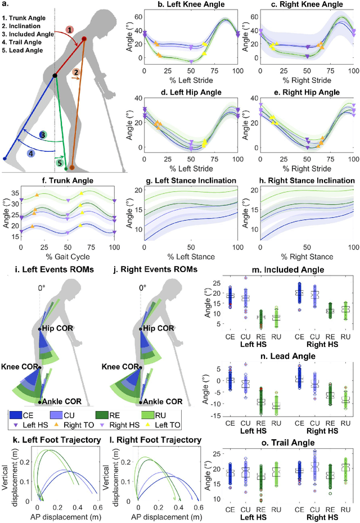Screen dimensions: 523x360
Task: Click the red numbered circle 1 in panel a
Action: click(x=69, y=29)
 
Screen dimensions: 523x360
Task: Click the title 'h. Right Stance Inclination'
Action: click(x=299, y=181)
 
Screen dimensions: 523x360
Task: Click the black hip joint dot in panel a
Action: click(x=55, y=75)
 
